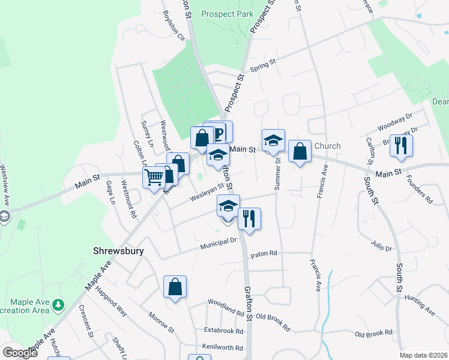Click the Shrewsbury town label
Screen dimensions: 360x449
[x=119, y=251]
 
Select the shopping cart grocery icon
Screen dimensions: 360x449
[x=154, y=178]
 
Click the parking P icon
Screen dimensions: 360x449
[x=220, y=132]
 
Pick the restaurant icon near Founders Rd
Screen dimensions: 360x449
[x=400, y=146]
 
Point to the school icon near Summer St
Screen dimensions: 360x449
[x=273, y=140]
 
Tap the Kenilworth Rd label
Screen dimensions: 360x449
[x=222, y=348]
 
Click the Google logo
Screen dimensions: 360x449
[x=20, y=353]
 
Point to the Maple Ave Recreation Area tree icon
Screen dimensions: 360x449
[x=58, y=305]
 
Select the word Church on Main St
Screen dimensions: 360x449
[x=327, y=146]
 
